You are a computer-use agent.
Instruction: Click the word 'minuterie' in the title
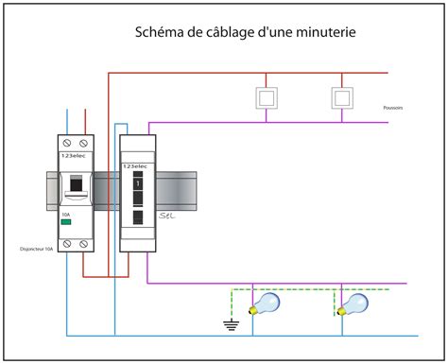coord(319,32)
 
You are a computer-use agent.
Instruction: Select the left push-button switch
coord(267,96)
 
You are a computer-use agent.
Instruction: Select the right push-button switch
coord(341,96)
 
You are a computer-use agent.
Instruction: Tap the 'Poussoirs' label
coord(394,108)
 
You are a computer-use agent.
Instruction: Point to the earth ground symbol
coord(230,325)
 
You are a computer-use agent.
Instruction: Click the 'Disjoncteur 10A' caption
coord(36,251)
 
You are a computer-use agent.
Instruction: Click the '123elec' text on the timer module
coord(136,165)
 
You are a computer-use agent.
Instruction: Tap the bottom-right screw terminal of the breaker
coord(86,244)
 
